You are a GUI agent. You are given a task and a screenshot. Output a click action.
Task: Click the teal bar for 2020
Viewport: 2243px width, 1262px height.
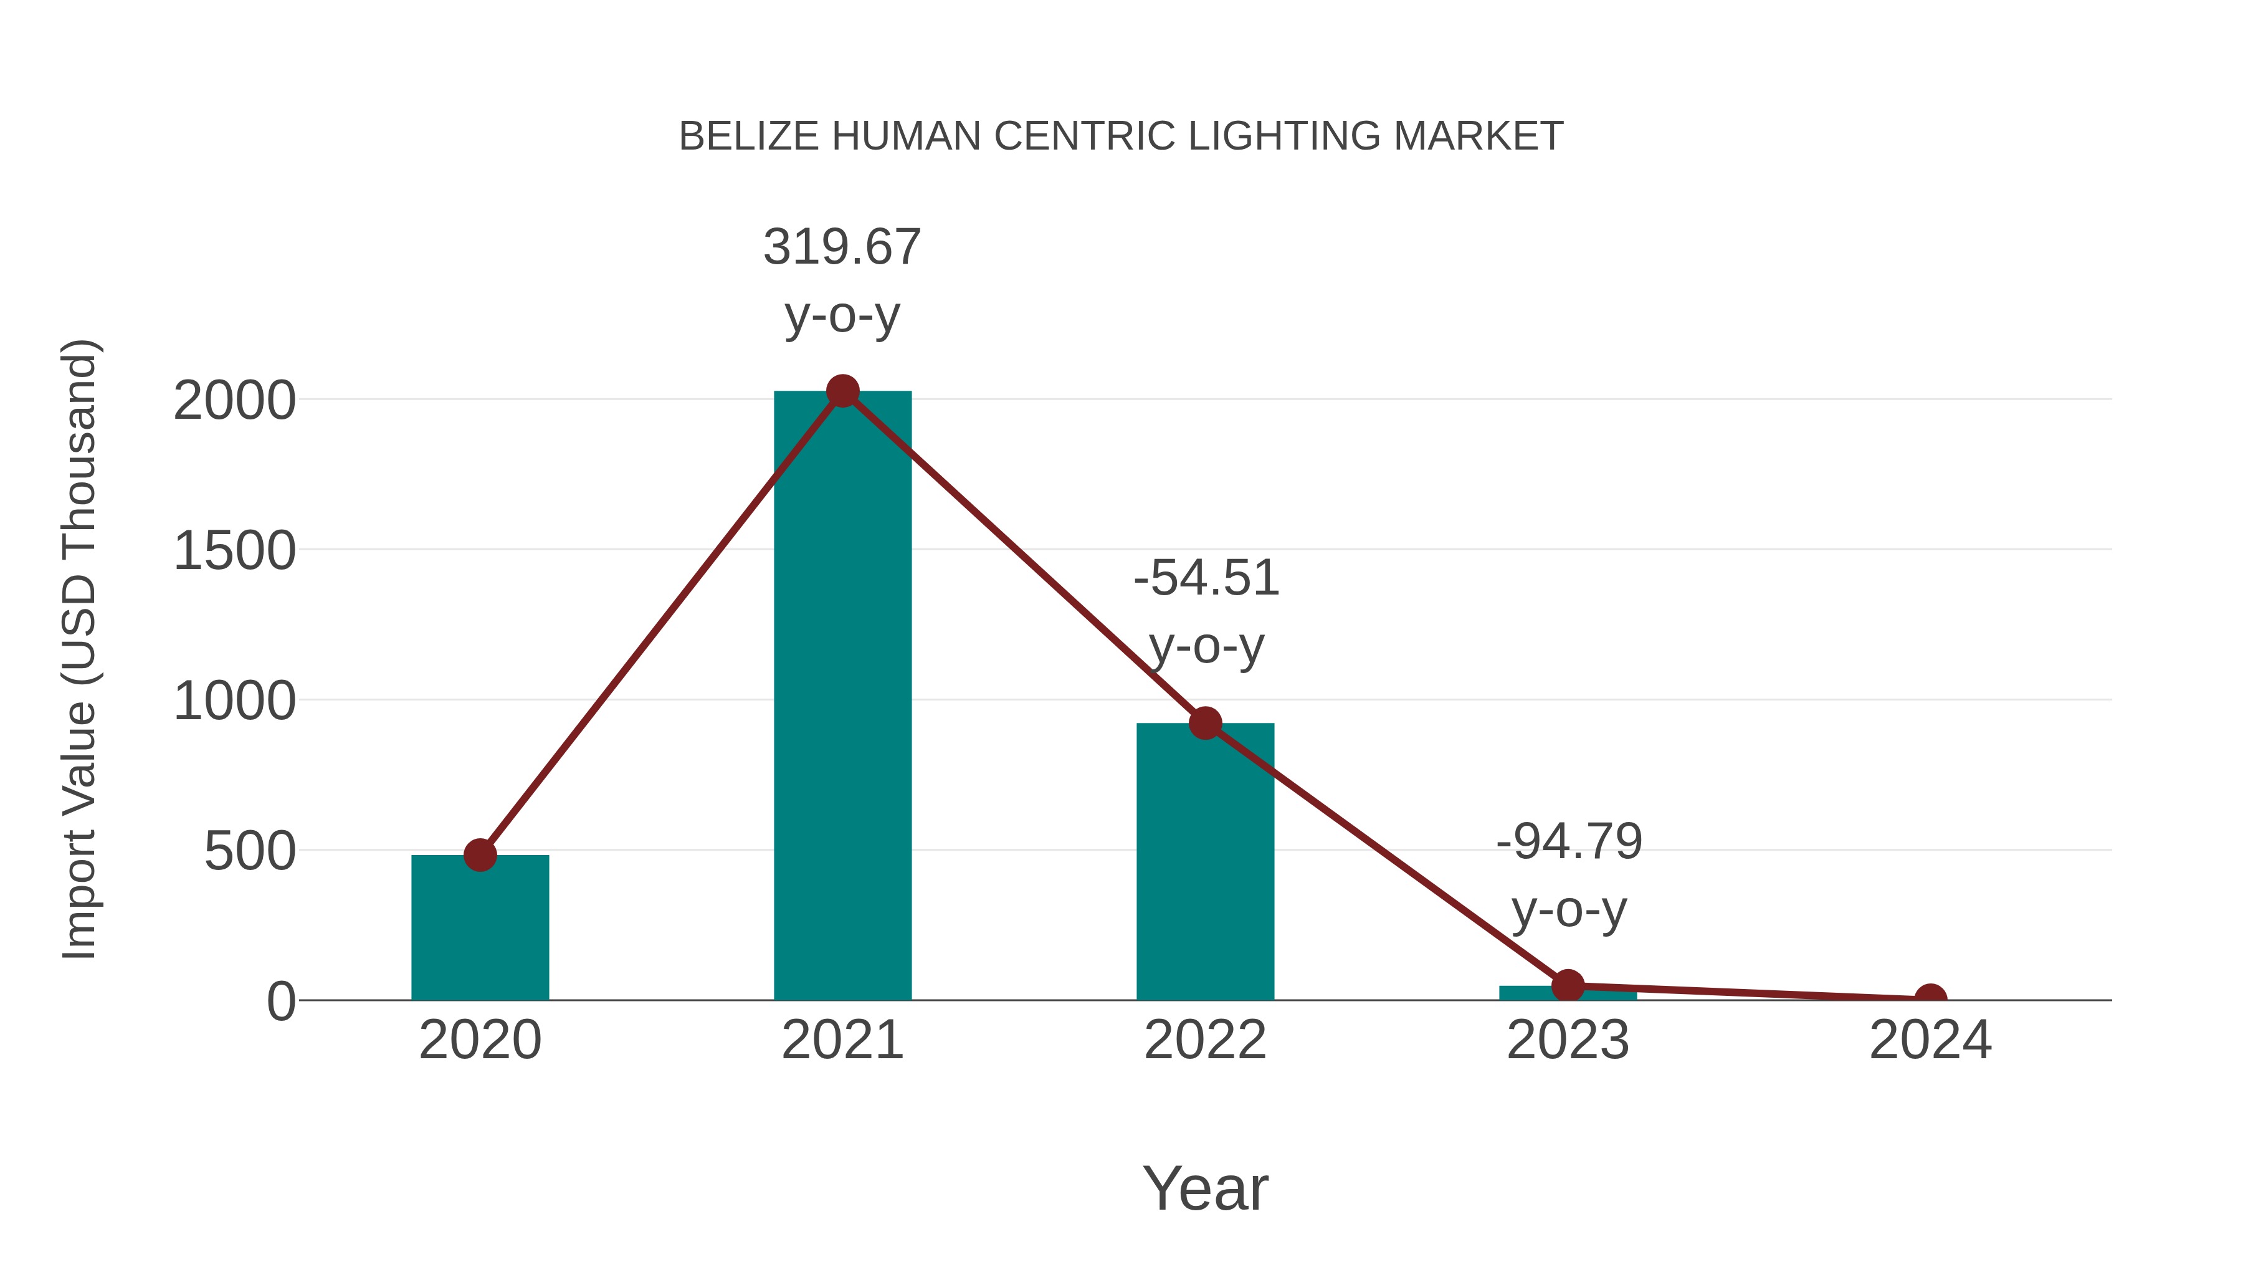click(x=480, y=927)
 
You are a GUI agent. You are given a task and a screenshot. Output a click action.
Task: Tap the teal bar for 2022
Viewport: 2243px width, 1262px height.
click(x=1204, y=863)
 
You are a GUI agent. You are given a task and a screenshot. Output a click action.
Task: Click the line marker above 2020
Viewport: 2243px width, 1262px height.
click(x=480, y=855)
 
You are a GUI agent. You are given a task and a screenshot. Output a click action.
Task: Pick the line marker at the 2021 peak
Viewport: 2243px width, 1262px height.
click(x=842, y=391)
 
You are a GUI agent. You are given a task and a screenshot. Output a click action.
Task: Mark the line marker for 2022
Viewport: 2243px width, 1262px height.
click(x=1204, y=723)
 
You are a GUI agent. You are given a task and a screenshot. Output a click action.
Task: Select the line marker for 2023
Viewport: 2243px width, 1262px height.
click(x=1568, y=986)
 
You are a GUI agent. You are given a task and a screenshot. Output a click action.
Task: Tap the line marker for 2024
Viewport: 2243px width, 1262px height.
click(x=1930, y=999)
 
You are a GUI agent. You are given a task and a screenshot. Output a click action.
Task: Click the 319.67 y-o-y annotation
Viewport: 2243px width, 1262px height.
click(x=842, y=280)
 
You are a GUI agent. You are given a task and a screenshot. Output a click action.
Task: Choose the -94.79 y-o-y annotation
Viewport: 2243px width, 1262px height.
click(x=1568, y=876)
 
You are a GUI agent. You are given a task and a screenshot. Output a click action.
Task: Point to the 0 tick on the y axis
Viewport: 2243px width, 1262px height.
click(x=281, y=1001)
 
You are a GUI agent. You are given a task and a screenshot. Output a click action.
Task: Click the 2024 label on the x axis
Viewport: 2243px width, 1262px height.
click(x=1930, y=1040)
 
